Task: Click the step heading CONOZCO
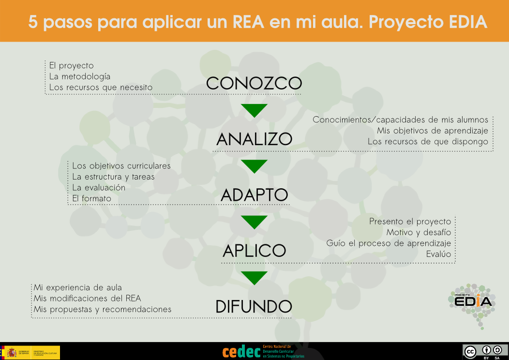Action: [254, 83]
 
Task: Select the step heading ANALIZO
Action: [254, 139]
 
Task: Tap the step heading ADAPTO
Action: [254, 195]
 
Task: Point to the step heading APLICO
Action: [254, 251]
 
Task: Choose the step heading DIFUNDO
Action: [254, 306]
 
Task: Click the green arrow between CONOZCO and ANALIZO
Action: [254, 110]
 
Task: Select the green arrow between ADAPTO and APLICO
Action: [254, 222]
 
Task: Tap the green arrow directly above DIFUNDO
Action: [254, 278]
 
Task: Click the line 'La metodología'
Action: [80, 76]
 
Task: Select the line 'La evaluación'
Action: [99, 187]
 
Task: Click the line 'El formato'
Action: [91, 198]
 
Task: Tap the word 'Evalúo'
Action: [438, 254]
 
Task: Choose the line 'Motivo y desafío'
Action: [419, 232]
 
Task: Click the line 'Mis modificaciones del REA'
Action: [87, 298]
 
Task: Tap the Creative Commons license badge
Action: [484, 351]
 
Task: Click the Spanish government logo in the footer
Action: [30, 352]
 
